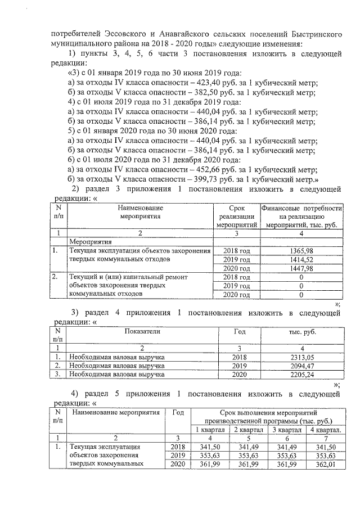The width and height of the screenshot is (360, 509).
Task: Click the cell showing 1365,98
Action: [301, 250]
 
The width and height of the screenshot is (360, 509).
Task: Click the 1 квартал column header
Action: [210, 430]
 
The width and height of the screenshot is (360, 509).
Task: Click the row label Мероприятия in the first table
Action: [88, 241]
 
